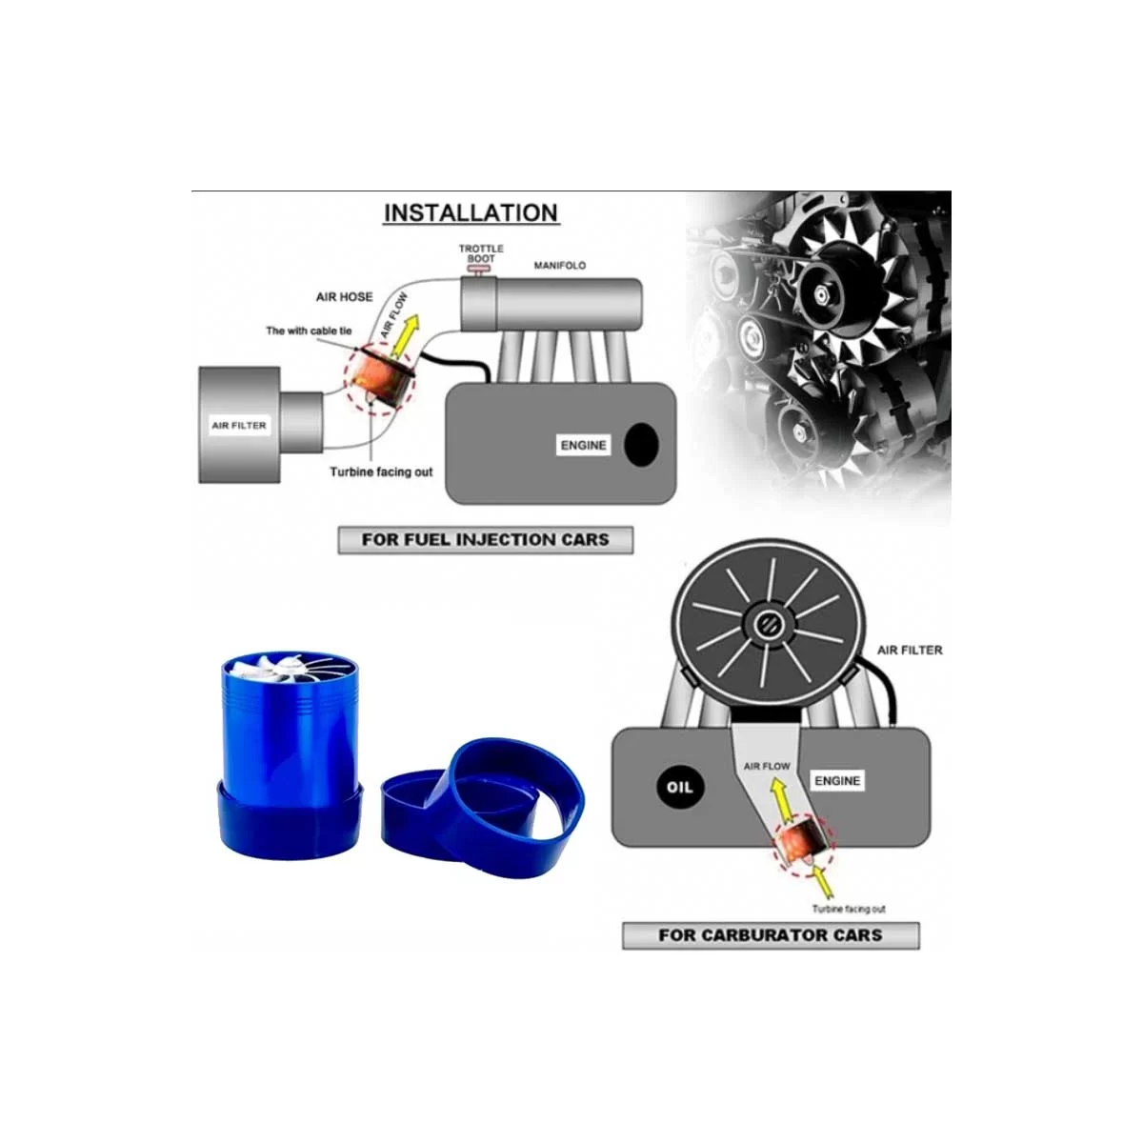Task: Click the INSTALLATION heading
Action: pyautogui.click(x=471, y=213)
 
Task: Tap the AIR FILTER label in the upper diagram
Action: pyautogui.click(x=239, y=425)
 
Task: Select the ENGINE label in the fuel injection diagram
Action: pyautogui.click(x=583, y=445)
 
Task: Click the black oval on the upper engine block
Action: pyautogui.click(x=641, y=445)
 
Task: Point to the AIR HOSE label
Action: pyautogui.click(x=344, y=296)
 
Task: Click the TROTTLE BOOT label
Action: pyautogui.click(x=481, y=253)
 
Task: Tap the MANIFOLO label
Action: pyautogui.click(x=559, y=265)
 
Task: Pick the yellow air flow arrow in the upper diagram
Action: pyautogui.click(x=405, y=335)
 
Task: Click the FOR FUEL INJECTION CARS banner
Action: pyautogui.click(x=485, y=540)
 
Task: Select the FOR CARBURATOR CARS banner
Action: pyautogui.click(x=771, y=935)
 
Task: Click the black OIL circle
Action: pyautogui.click(x=679, y=787)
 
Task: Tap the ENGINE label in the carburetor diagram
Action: pyautogui.click(x=837, y=781)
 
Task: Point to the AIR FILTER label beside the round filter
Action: pyautogui.click(x=910, y=651)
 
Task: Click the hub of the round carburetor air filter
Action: pyautogui.click(x=768, y=623)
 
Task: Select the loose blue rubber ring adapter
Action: pyautogui.click(x=482, y=809)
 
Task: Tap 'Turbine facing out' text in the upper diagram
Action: pyautogui.click(x=381, y=472)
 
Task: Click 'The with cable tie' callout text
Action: pyautogui.click(x=309, y=331)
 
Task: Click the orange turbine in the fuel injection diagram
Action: pyautogui.click(x=380, y=376)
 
